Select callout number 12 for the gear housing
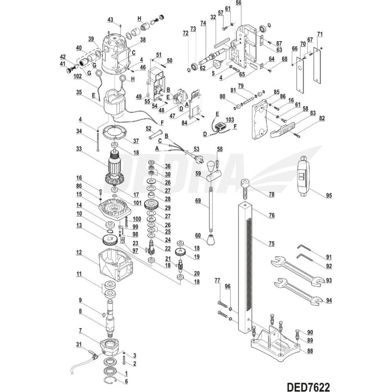[x=78, y=253]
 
